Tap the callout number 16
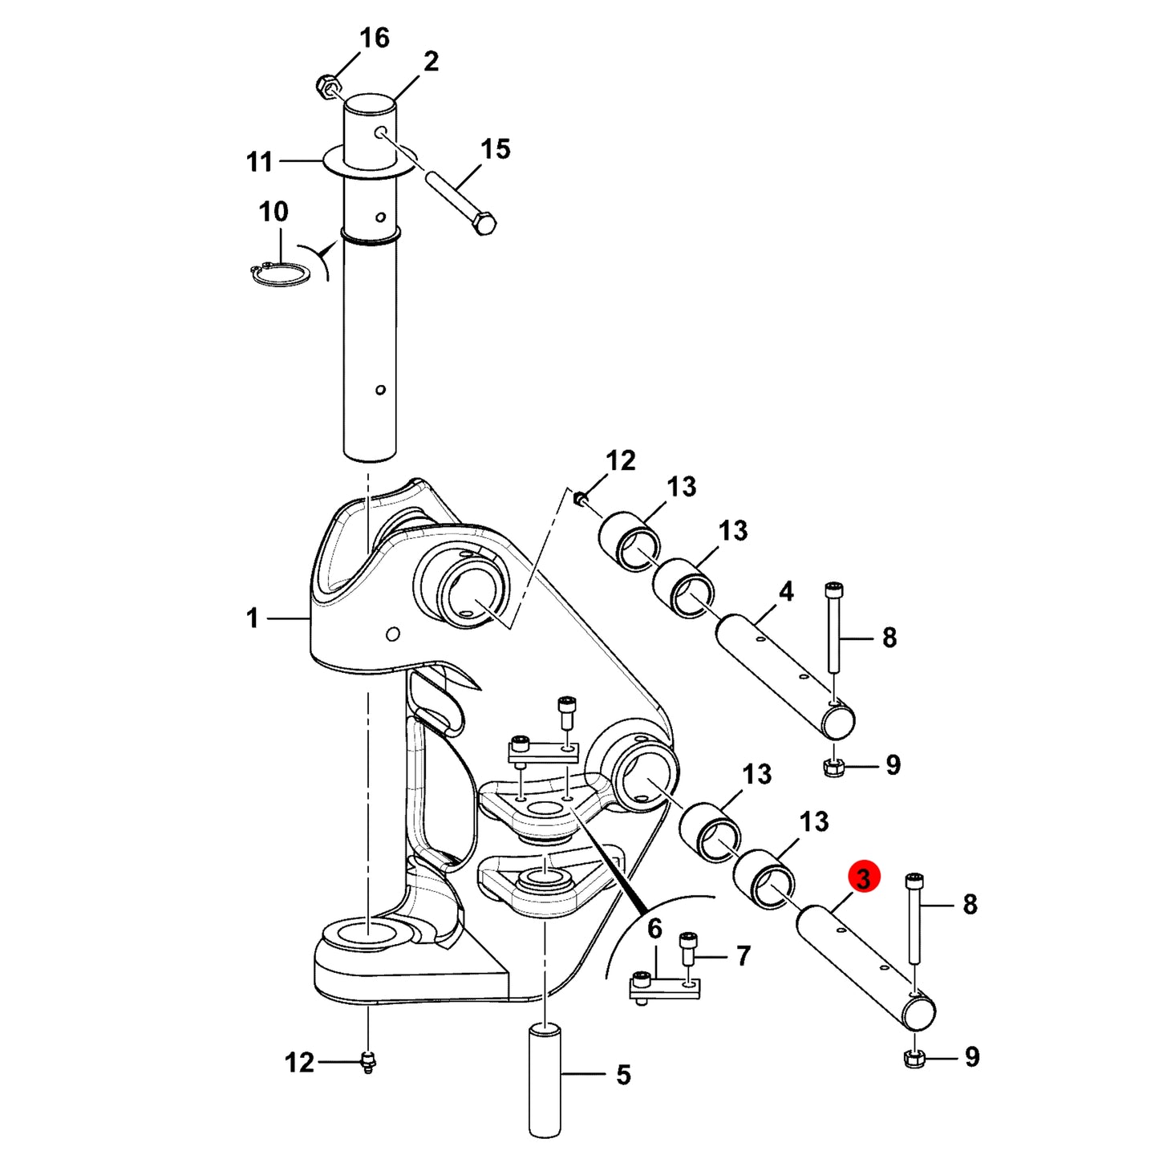click(x=374, y=38)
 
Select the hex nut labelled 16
click(x=326, y=86)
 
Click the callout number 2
click(x=431, y=62)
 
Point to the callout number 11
click(x=260, y=162)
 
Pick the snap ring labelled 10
click(x=280, y=274)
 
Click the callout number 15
click(x=496, y=149)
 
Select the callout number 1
click(x=253, y=618)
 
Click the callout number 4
click(x=786, y=592)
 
